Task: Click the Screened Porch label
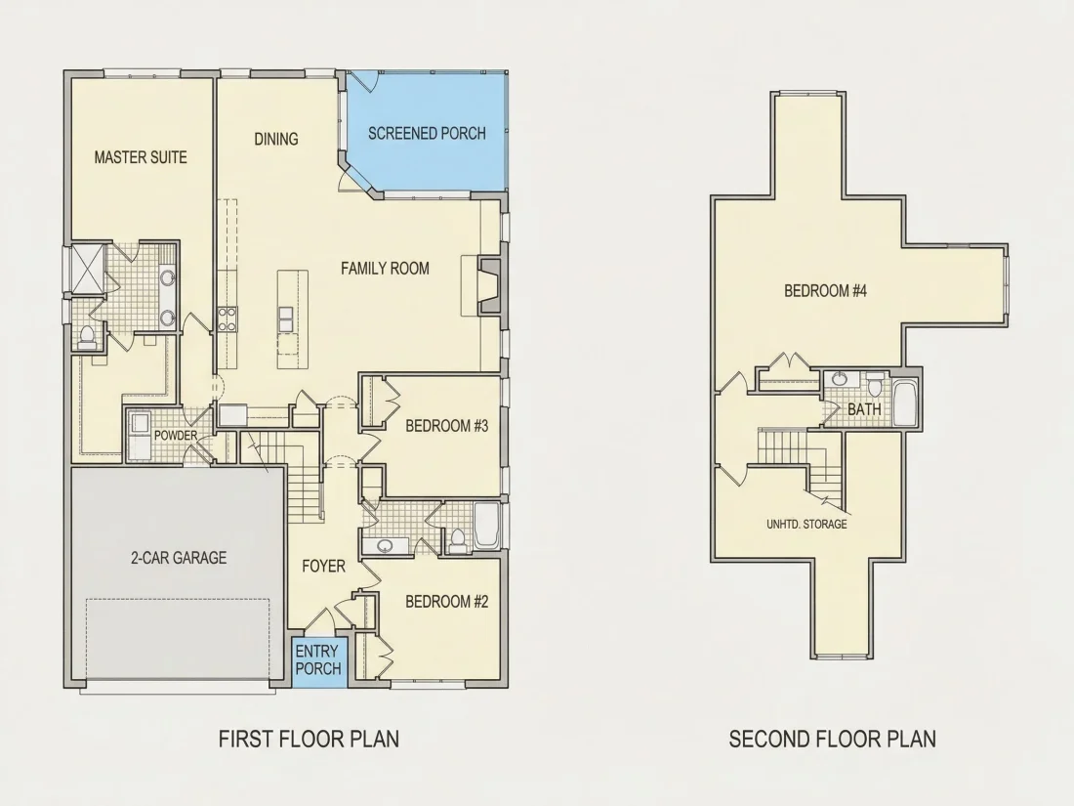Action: click(427, 133)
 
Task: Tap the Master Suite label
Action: click(141, 157)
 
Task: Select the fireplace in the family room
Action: click(489, 285)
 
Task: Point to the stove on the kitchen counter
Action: click(227, 319)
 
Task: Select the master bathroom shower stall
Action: click(88, 268)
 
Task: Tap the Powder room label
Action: click(176, 435)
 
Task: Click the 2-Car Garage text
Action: click(179, 558)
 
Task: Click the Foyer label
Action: click(324, 566)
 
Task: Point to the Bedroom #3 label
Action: click(446, 426)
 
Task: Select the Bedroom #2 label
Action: click(446, 602)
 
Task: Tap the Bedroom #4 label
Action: click(825, 291)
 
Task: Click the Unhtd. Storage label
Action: click(806, 525)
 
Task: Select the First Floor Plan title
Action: click(309, 739)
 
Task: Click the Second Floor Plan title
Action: click(832, 739)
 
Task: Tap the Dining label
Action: click(276, 139)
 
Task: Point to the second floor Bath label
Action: click(864, 410)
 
